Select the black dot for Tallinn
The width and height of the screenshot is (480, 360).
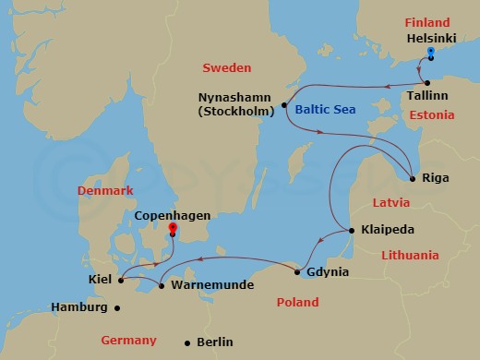coord(427,83)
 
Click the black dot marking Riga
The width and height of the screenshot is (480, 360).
coord(413,177)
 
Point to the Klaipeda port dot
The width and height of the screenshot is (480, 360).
coord(352,230)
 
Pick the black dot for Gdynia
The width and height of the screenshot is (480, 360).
coord(297,271)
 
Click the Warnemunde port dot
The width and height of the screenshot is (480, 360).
coord(162,285)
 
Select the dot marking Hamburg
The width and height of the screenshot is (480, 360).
coord(116,307)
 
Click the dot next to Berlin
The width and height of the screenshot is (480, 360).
coord(187,342)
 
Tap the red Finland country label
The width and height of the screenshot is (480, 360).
coord(426,22)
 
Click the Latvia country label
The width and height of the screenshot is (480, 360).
coord(390,201)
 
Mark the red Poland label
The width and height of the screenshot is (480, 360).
coord(297,302)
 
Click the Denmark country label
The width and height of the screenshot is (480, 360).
coord(106,190)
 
